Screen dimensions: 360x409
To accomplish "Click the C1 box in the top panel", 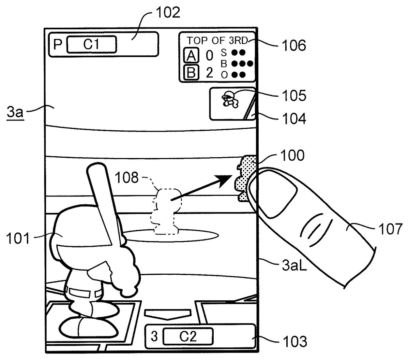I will (91, 44).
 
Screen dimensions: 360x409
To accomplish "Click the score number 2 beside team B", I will (210, 73).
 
